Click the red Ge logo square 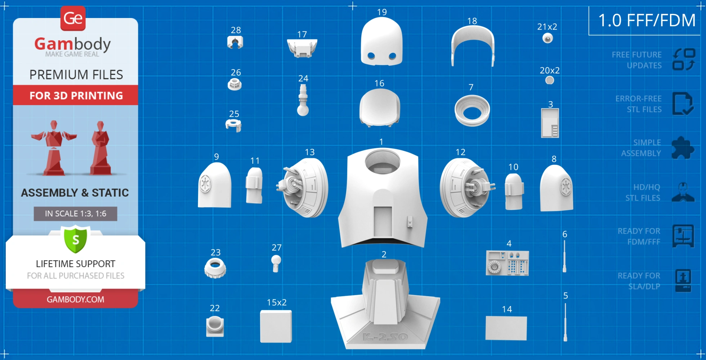pos(73,18)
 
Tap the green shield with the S pos(76,239)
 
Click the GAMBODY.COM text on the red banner pos(75,300)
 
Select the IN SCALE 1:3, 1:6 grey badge pos(75,213)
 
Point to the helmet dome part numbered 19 pos(381,42)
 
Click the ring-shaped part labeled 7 pos(472,111)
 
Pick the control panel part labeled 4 pos(507,263)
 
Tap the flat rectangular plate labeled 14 pos(506,328)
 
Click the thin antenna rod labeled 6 pos(564,256)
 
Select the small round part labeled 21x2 pos(548,38)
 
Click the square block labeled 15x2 pos(276,327)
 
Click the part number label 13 pos(310,152)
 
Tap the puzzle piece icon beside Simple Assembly pos(683,148)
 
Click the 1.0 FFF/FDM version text pos(647,21)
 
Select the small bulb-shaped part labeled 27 pos(276,263)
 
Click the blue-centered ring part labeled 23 pos(215,268)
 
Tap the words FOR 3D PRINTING pos(76,95)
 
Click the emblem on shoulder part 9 pos(206,184)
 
